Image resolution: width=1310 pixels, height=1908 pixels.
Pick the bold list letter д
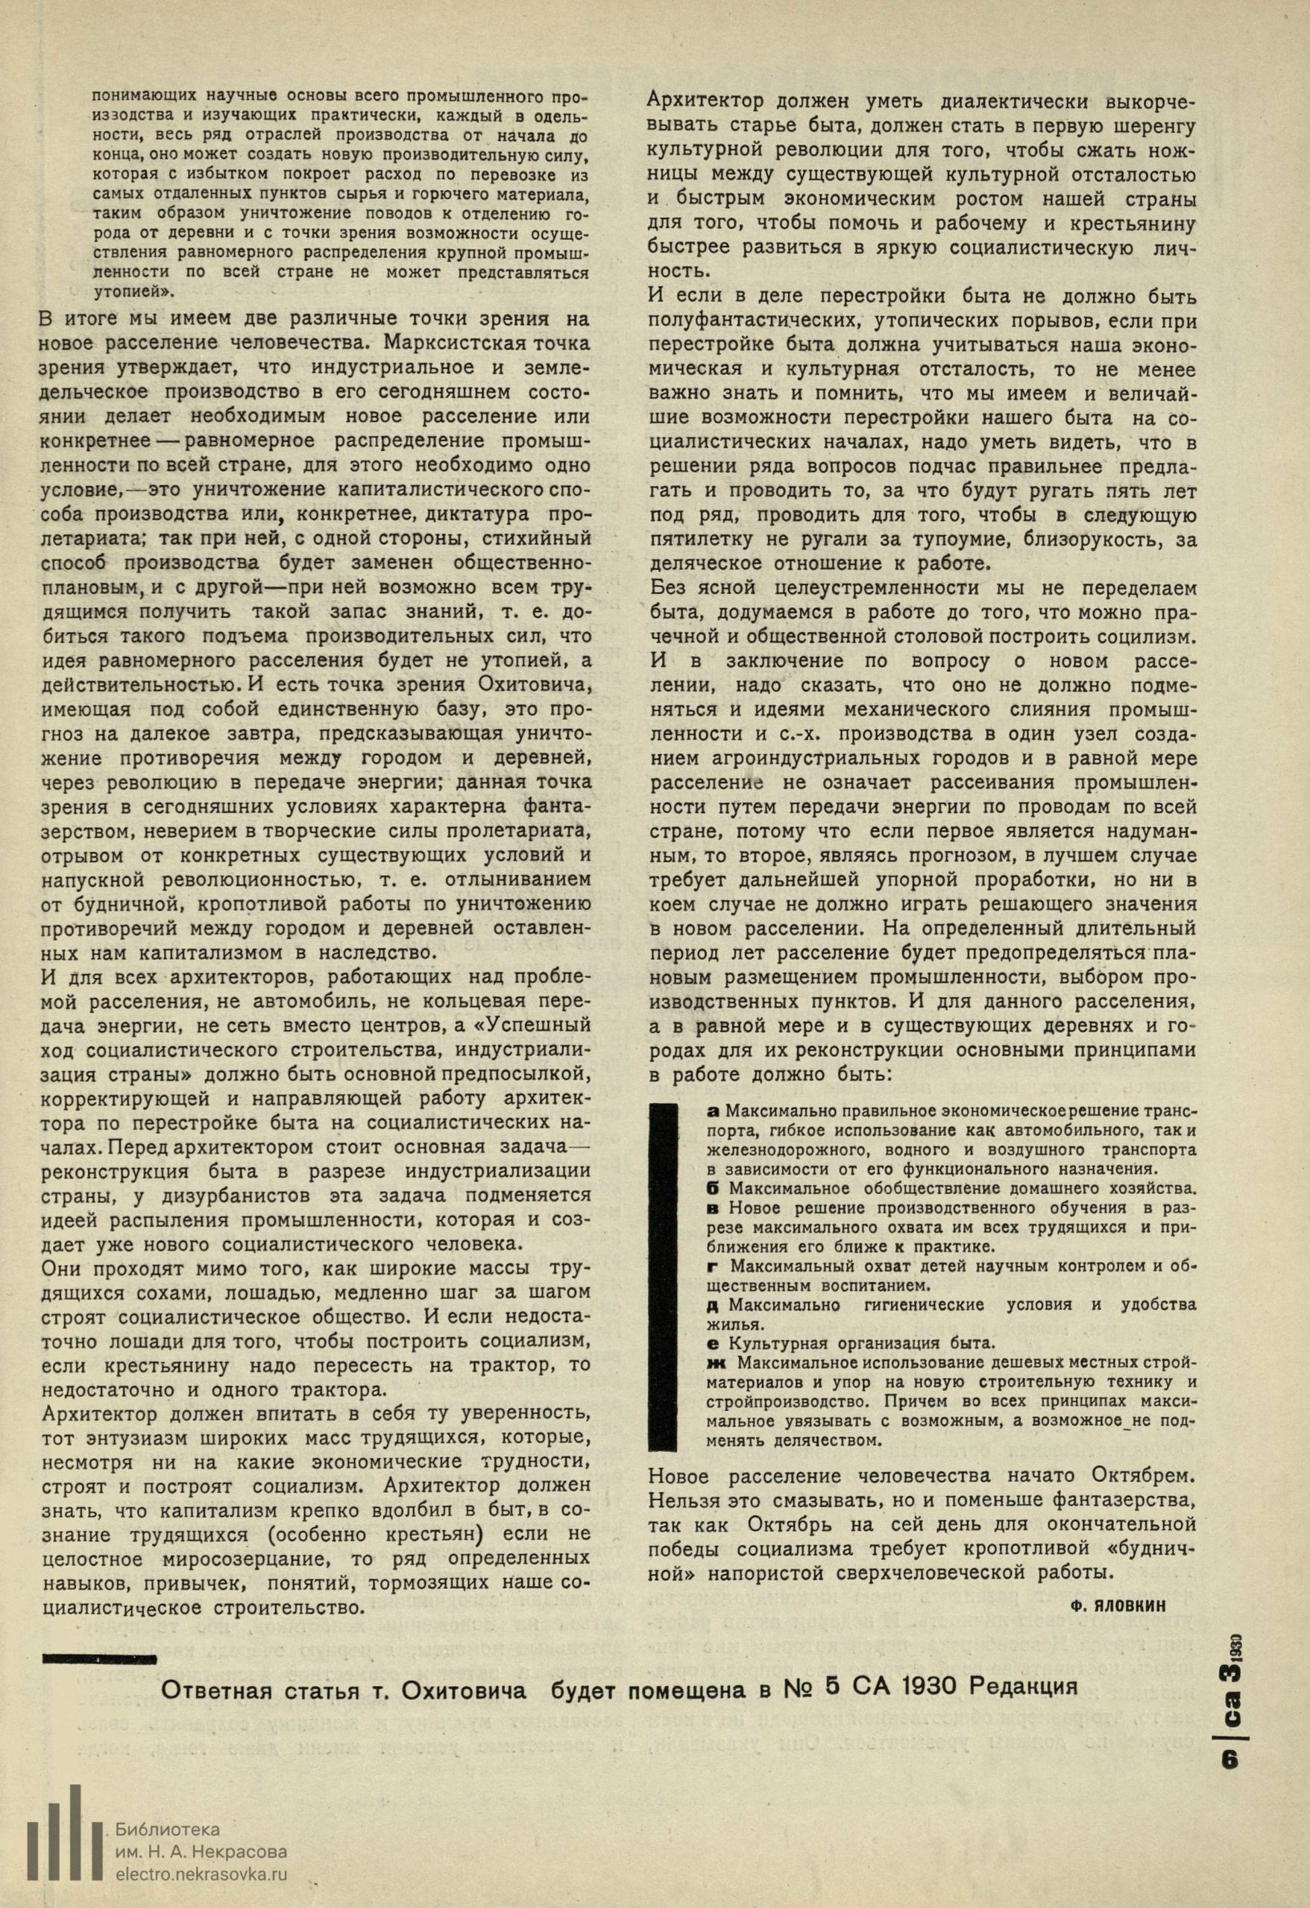coord(712,1304)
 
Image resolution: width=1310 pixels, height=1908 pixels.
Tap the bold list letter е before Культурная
coord(712,1344)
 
